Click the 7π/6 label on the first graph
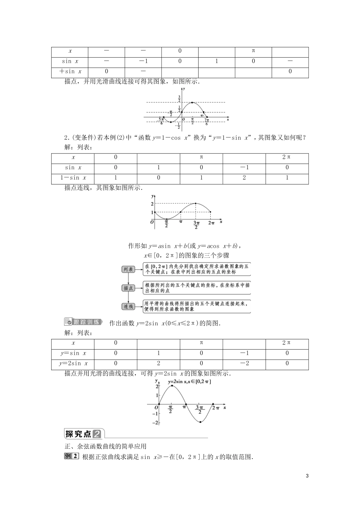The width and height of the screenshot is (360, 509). tap(207, 122)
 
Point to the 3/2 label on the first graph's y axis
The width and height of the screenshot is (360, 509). tap(179, 99)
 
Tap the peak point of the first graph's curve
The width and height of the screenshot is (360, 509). tap(193, 103)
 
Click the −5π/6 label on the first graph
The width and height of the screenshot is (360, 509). tap(162, 121)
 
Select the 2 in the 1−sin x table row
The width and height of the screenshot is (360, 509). tap(244, 178)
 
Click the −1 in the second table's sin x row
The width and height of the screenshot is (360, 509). tap(244, 167)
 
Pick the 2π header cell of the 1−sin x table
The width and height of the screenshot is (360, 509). tap(287, 157)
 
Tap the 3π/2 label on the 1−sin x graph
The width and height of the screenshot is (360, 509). tap(196, 225)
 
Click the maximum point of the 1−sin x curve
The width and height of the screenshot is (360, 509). tap(196, 204)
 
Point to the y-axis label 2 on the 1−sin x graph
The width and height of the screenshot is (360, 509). tap(152, 204)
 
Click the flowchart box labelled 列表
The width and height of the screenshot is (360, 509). tap(128, 269)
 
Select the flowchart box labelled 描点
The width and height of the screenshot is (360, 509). tap(128, 288)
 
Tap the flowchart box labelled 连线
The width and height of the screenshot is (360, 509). tap(128, 306)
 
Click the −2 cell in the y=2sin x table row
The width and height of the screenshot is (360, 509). tap(244, 364)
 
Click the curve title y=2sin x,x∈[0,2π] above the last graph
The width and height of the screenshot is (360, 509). tap(189, 382)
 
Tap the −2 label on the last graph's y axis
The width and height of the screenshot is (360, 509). tap(155, 422)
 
